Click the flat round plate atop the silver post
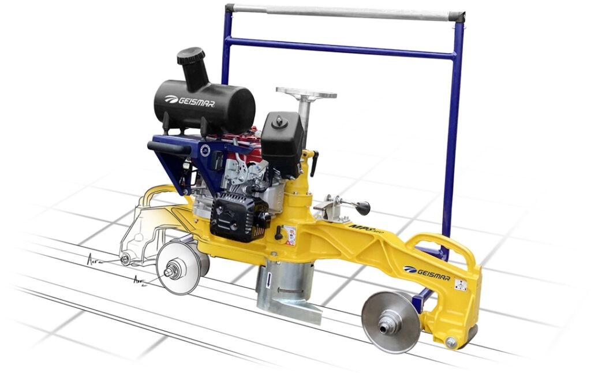coord(306,93)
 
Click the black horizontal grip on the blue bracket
coord(169,147)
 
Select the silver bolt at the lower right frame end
coord(451,342)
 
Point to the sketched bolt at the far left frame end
coord(125,259)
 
